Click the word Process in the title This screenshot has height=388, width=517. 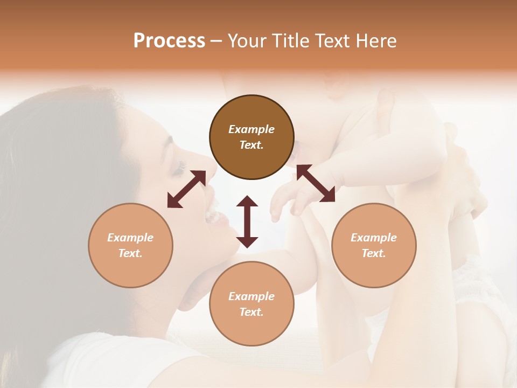pyautogui.click(x=169, y=41)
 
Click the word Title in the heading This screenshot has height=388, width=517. pyautogui.click(x=290, y=41)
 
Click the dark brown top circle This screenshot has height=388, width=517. pyautogui.click(x=251, y=137)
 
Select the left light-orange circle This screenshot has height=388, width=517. pyautogui.click(x=130, y=245)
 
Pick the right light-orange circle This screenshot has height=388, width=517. pyautogui.click(x=374, y=245)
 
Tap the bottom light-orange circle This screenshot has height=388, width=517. pyautogui.click(x=251, y=304)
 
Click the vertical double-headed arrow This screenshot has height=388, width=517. pyautogui.click(x=247, y=221)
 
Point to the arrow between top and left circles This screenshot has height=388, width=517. pyautogui.click(x=186, y=189)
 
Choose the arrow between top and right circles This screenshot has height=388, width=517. pyautogui.click(x=316, y=183)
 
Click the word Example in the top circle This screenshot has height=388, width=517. pyautogui.click(x=251, y=129)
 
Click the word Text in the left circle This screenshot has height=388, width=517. pyautogui.click(x=130, y=253)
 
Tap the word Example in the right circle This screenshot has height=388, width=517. pyautogui.click(x=374, y=237)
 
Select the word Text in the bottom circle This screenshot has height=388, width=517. pyautogui.click(x=251, y=312)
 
